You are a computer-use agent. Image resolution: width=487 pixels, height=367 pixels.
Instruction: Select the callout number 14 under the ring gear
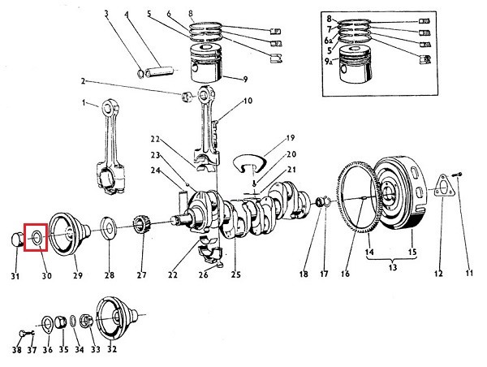pos(369,252)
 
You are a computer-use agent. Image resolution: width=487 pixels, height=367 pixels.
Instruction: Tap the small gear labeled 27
pos(142,223)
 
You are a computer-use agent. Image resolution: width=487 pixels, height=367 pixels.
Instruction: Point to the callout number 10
pos(248,101)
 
